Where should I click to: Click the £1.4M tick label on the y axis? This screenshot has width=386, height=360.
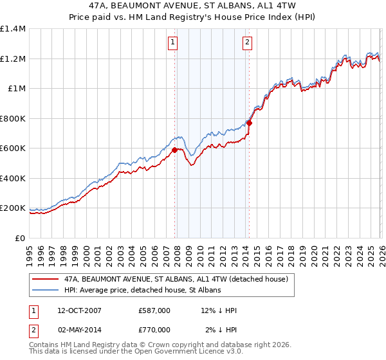pos(13,29)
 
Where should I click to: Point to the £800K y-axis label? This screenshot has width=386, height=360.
pos(13,118)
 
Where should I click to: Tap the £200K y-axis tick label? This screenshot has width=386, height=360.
pos(13,208)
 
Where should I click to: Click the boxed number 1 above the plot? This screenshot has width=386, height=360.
pos(174,43)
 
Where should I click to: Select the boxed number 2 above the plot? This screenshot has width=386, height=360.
pos(247,43)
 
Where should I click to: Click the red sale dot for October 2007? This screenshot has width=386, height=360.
pos(174,150)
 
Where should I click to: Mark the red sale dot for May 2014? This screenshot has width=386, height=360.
pos(248,123)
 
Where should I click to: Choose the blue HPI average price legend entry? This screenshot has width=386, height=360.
pos(142,291)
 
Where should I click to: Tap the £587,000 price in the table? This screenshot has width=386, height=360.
pos(154,310)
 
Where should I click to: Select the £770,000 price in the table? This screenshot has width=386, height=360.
pos(154,330)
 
